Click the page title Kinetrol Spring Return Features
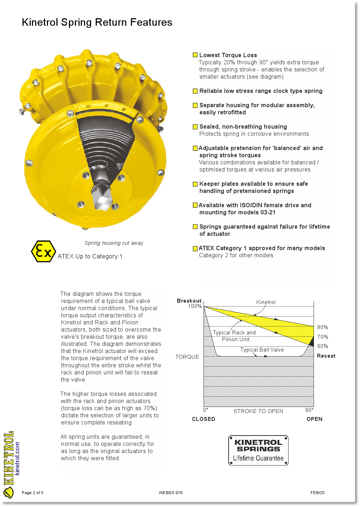(x=97, y=23)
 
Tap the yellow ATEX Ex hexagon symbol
(x=43, y=252)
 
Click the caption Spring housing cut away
(x=114, y=243)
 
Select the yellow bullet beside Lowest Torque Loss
(x=195, y=55)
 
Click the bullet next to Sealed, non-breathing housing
(x=195, y=126)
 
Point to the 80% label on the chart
(x=322, y=327)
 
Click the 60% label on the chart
(x=322, y=346)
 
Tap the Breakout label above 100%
(x=189, y=301)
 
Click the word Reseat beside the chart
(x=326, y=356)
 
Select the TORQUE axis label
(x=187, y=357)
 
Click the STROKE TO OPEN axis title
(x=258, y=411)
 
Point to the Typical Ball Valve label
(x=262, y=350)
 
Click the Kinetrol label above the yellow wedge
(x=266, y=302)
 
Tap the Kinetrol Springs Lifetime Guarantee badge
(x=258, y=450)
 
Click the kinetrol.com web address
(x=17, y=458)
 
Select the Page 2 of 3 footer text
(x=32, y=493)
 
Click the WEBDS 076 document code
(x=171, y=493)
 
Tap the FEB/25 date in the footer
(x=317, y=493)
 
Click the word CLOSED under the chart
(x=204, y=419)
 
